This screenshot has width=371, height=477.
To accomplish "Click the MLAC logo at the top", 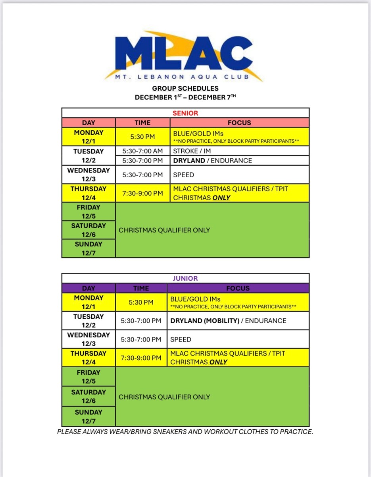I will tap(185, 56).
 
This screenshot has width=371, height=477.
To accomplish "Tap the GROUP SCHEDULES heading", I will tap(185, 88).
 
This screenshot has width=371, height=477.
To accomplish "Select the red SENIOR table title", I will tap(185, 113).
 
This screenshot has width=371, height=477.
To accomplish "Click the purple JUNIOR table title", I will tap(185, 278).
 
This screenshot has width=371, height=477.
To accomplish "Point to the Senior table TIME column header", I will tap(142, 123).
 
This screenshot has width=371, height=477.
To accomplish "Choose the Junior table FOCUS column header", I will tap(238, 288).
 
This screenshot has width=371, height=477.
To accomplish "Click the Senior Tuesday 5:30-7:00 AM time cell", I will tap(142, 151).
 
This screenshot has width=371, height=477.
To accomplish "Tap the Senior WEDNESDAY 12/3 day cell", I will tap(88, 175).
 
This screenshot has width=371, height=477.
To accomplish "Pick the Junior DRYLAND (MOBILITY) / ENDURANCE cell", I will tap(228, 320).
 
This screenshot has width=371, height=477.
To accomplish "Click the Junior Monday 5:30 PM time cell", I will tap(141, 302).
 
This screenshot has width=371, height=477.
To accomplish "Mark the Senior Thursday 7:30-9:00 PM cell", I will tap(142, 193).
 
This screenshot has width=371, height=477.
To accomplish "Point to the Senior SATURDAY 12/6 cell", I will tap(88, 230).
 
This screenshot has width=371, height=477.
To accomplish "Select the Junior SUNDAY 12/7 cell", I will tap(88, 417).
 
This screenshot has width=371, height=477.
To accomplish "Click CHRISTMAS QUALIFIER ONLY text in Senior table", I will tap(164, 230).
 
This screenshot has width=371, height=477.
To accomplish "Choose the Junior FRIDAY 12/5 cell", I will tap(88, 376).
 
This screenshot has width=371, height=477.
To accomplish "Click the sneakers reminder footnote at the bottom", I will tap(185, 432).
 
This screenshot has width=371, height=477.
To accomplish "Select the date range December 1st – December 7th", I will tap(185, 97).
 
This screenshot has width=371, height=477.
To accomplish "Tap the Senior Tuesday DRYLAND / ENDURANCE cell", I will tap(212, 161).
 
